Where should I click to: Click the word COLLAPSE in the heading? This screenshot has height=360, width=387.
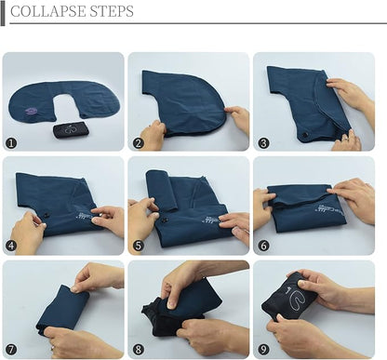click(x=48, y=11)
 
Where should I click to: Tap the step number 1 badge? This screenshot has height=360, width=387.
click(x=11, y=143)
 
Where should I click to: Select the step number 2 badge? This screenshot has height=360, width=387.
click(x=139, y=143)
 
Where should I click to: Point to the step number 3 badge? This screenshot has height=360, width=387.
click(x=263, y=143)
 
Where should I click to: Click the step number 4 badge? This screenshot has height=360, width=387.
click(x=11, y=246)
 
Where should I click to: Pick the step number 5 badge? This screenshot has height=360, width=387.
click(x=139, y=246)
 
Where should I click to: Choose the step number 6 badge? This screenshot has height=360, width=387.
click(x=263, y=246)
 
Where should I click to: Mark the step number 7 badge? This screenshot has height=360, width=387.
click(x=11, y=350)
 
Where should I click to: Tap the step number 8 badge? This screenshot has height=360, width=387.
click(x=139, y=350)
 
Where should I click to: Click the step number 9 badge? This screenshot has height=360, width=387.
click(x=263, y=350)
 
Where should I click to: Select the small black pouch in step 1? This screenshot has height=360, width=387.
click(x=71, y=129)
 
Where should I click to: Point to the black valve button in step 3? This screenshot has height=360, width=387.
click(x=304, y=134)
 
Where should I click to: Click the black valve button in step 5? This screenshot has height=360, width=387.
click(x=165, y=221)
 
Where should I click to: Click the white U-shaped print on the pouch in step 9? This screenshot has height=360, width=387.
click(x=296, y=300)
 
